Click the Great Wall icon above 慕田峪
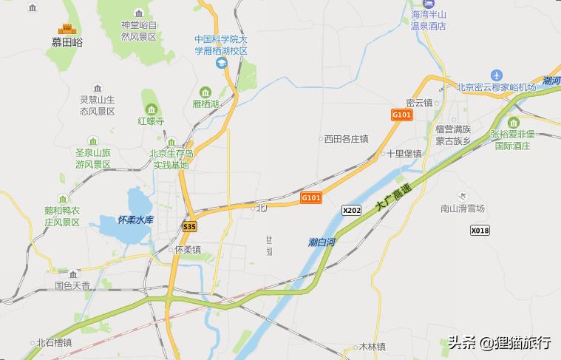[67, 29]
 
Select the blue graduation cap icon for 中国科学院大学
[221, 64]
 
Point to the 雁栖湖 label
[205, 103]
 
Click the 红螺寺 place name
[151, 120]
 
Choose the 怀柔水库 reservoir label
[135, 220]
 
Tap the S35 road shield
[190, 227]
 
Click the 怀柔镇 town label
[188, 250]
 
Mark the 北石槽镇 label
[54, 342]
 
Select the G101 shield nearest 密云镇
[401, 115]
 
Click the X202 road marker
[352, 211]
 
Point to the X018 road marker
[480, 231]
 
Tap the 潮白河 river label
[322, 242]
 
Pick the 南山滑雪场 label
[462, 208]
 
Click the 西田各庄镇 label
[346, 138]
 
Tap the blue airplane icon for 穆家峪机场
[496, 75]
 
